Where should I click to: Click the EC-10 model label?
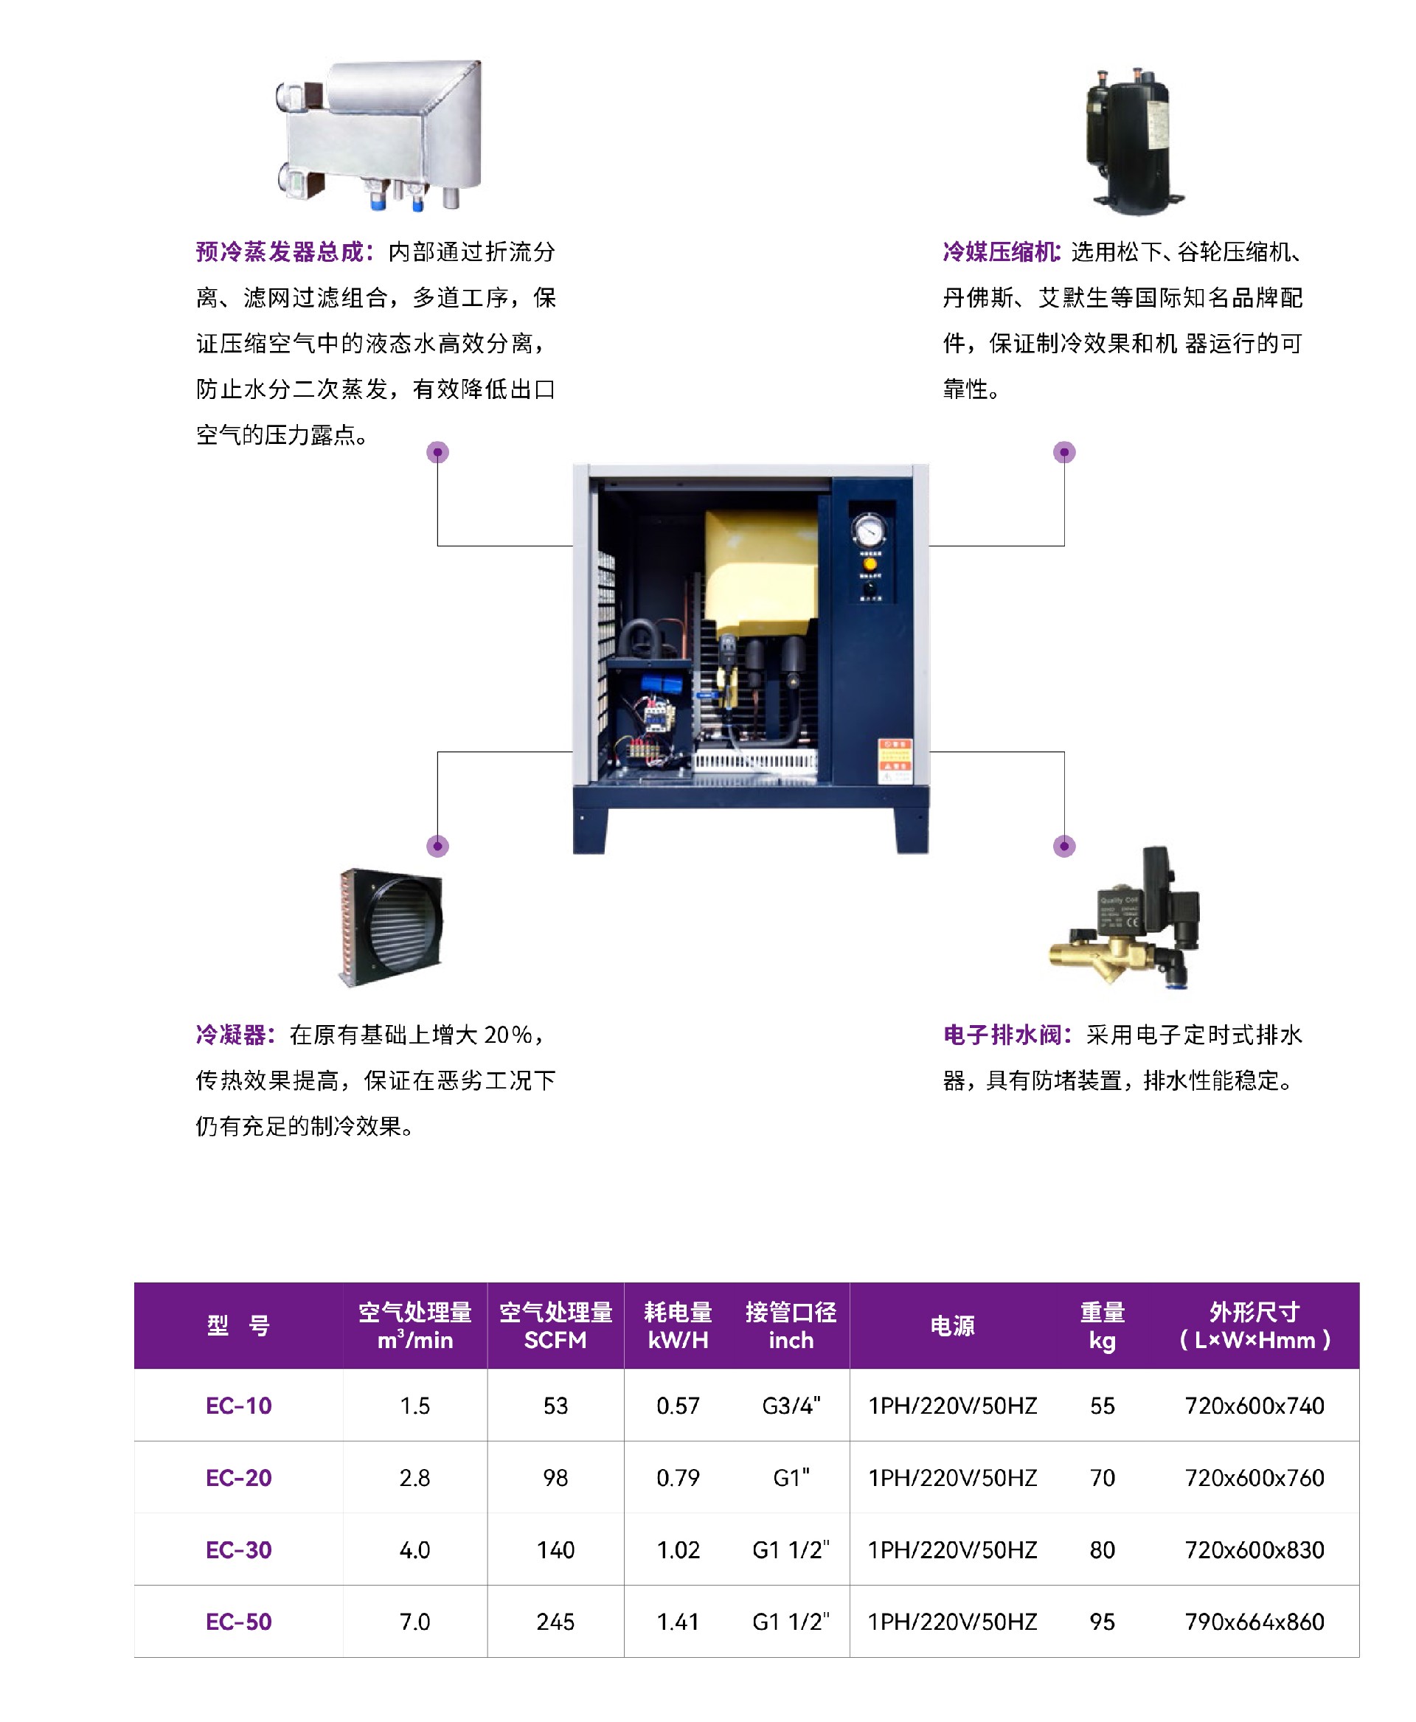point(238,1406)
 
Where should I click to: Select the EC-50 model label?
point(238,1622)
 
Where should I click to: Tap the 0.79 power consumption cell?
point(678,1477)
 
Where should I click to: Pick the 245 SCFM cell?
point(555,1622)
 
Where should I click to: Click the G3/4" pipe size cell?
point(791,1406)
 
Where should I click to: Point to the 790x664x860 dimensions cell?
point(1254,1622)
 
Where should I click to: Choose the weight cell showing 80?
point(1102,1550)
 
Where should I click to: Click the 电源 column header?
point(953,1325)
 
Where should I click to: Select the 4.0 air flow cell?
point(414,1550)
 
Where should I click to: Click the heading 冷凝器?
point(230,1035)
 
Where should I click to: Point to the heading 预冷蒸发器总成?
point(279,252)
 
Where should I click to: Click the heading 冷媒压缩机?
point(1000,252)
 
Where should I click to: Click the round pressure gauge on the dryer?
point(870,531)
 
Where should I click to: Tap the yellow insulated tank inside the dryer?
point(761,571)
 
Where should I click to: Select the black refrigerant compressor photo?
point(1133,140)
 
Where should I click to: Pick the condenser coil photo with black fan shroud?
point(390,928)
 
